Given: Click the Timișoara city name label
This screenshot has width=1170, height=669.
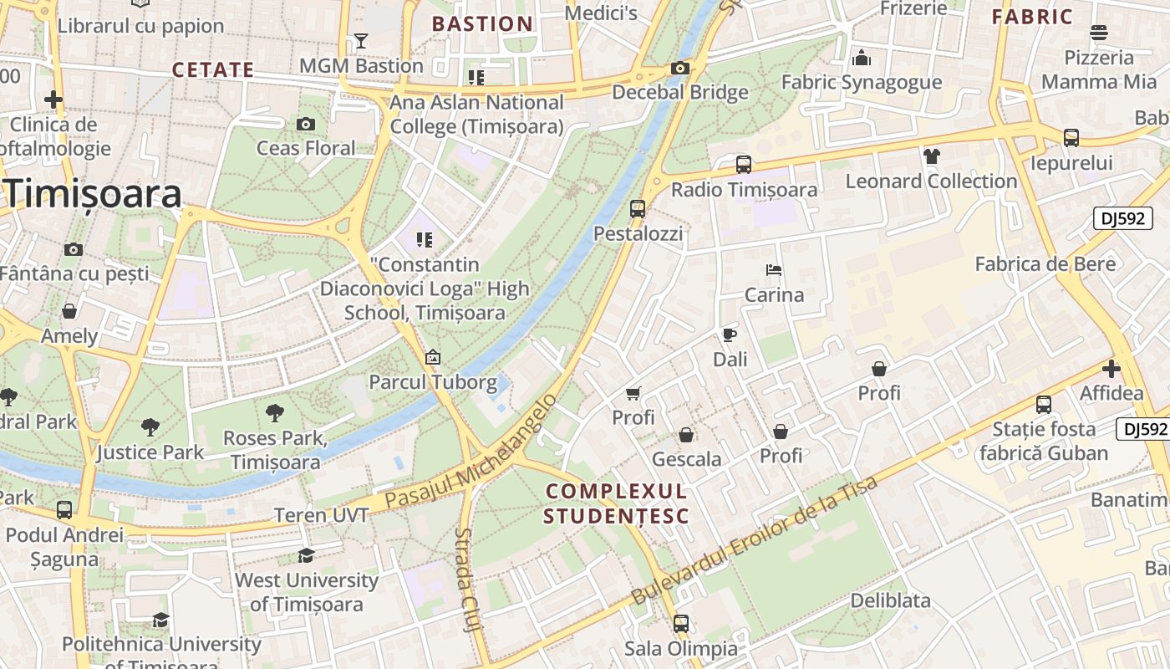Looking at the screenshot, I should click(94, 194).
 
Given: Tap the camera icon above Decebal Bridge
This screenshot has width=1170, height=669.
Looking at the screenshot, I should click(680, 68).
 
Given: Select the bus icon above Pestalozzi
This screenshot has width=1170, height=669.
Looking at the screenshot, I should click(638, 209).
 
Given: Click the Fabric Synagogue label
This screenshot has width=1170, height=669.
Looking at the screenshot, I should click(861, 82).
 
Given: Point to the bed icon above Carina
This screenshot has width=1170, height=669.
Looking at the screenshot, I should click(774, 270).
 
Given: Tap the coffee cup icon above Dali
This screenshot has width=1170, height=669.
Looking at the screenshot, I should click(730, 335).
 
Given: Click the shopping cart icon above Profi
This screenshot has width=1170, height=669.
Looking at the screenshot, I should click(633, 393).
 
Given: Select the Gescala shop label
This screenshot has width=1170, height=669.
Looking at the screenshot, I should click(686, 459).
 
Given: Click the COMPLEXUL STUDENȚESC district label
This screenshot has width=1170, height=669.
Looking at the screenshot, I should click(616, 503).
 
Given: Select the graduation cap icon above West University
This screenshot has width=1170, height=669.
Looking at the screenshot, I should click(307, 555).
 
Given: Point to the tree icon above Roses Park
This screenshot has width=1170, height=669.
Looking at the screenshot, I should click(274, 412).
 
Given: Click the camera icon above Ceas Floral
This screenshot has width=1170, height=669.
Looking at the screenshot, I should click(306, 125).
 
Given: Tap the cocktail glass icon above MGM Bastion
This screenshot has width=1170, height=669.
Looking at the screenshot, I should click(361, 41).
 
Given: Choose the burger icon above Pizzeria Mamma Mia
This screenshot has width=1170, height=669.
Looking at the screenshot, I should click(1099, 33).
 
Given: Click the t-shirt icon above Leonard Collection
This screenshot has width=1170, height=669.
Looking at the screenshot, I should click(932, 156).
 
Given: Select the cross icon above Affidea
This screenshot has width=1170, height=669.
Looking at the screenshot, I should click(1111, 368).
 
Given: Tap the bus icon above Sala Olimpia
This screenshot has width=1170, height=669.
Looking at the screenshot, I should click(681, 624).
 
